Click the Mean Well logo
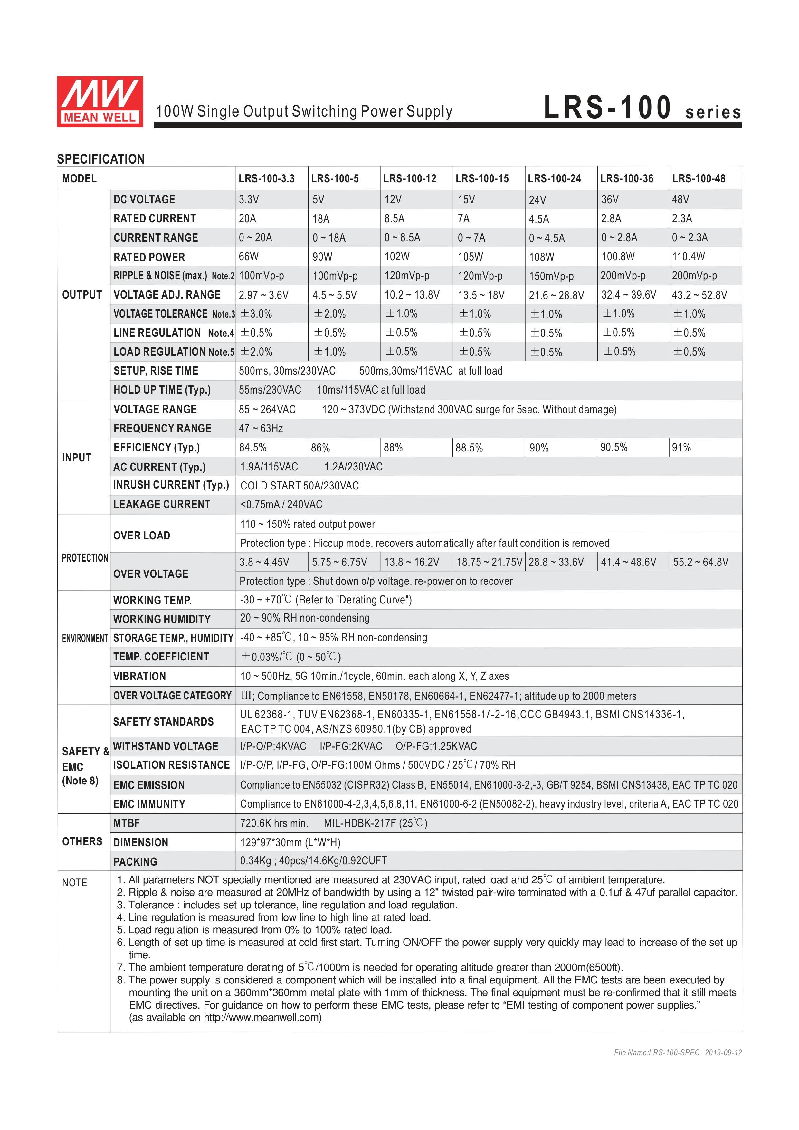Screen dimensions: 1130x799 [x=100, y=101]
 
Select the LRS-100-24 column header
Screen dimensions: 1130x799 [x=554, y=179]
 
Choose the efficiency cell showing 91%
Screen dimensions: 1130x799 [x=682, y=447]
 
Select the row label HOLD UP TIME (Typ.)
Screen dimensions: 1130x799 [x=162, y=390]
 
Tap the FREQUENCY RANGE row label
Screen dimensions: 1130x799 [x=162, y=429]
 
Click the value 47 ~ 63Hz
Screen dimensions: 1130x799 [x=261, y=429]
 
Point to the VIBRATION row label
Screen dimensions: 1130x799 [x=140, y=676]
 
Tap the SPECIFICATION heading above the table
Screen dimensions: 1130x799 [x=101, y=159]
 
